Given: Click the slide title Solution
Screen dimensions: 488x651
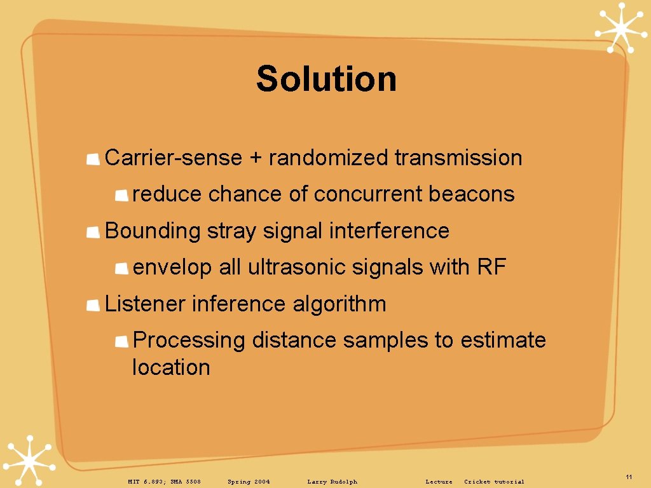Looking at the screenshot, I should coord(326,79).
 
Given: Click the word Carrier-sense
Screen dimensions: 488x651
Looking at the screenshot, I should coord(173,158).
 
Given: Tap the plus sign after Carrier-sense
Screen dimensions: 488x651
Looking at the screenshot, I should coord(255,158).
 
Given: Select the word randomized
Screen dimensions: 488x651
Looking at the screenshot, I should coord(327,158).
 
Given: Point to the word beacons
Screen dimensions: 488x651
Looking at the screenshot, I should coord(471,194).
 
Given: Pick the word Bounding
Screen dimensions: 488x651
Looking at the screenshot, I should coord(152,231).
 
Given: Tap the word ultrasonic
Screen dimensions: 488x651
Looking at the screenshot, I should coord(289,268).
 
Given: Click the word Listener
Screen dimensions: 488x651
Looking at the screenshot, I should coord(145,304).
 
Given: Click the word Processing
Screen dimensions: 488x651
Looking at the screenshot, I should coord(189,341).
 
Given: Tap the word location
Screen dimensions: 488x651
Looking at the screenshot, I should coord(170,367).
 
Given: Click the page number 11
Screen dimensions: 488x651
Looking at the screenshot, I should coord(628,477).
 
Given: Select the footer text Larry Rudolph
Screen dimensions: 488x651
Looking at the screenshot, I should coord(332,482).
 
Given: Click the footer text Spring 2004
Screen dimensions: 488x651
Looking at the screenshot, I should coord(249,482).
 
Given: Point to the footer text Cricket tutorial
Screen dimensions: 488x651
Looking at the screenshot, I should coord(494,482).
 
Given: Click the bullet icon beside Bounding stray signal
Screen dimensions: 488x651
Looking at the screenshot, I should coord(93,232).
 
